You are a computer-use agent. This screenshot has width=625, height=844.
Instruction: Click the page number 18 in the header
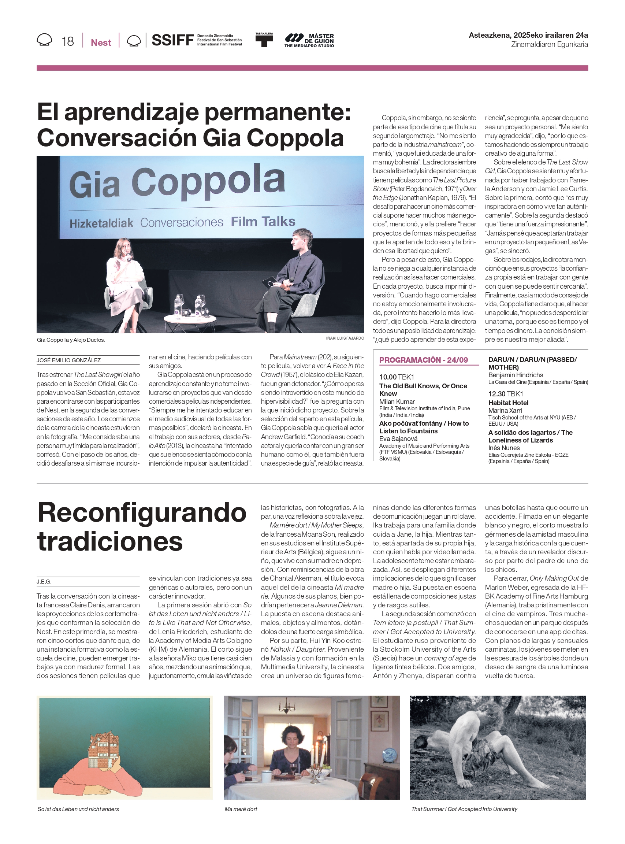click(x=68, y=41)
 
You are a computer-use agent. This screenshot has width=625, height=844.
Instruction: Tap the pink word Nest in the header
click(x=101, y=42)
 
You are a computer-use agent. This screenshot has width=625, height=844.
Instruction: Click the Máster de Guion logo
click(x=309, y=41)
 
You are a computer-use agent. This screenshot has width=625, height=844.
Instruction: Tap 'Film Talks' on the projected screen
click(x=263, y=221)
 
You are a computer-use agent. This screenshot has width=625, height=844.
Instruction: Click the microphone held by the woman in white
click(x=129, y=258)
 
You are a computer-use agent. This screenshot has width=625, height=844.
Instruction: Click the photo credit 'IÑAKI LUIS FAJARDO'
click(x=345, y=338)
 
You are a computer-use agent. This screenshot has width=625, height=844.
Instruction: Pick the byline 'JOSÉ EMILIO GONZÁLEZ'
click(x=68, y=360)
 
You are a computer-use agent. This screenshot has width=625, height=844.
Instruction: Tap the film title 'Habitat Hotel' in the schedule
click(x=508, y=403)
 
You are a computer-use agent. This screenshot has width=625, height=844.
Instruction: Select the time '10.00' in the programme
click(x=388, y=377)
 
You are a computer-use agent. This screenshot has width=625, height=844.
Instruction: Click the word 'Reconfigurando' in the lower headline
click(x=142, y=513)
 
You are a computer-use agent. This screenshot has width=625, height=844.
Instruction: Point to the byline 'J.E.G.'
click(x=44, y=581)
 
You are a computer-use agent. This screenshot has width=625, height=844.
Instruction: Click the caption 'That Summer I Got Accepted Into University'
click(x=464, y=809)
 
